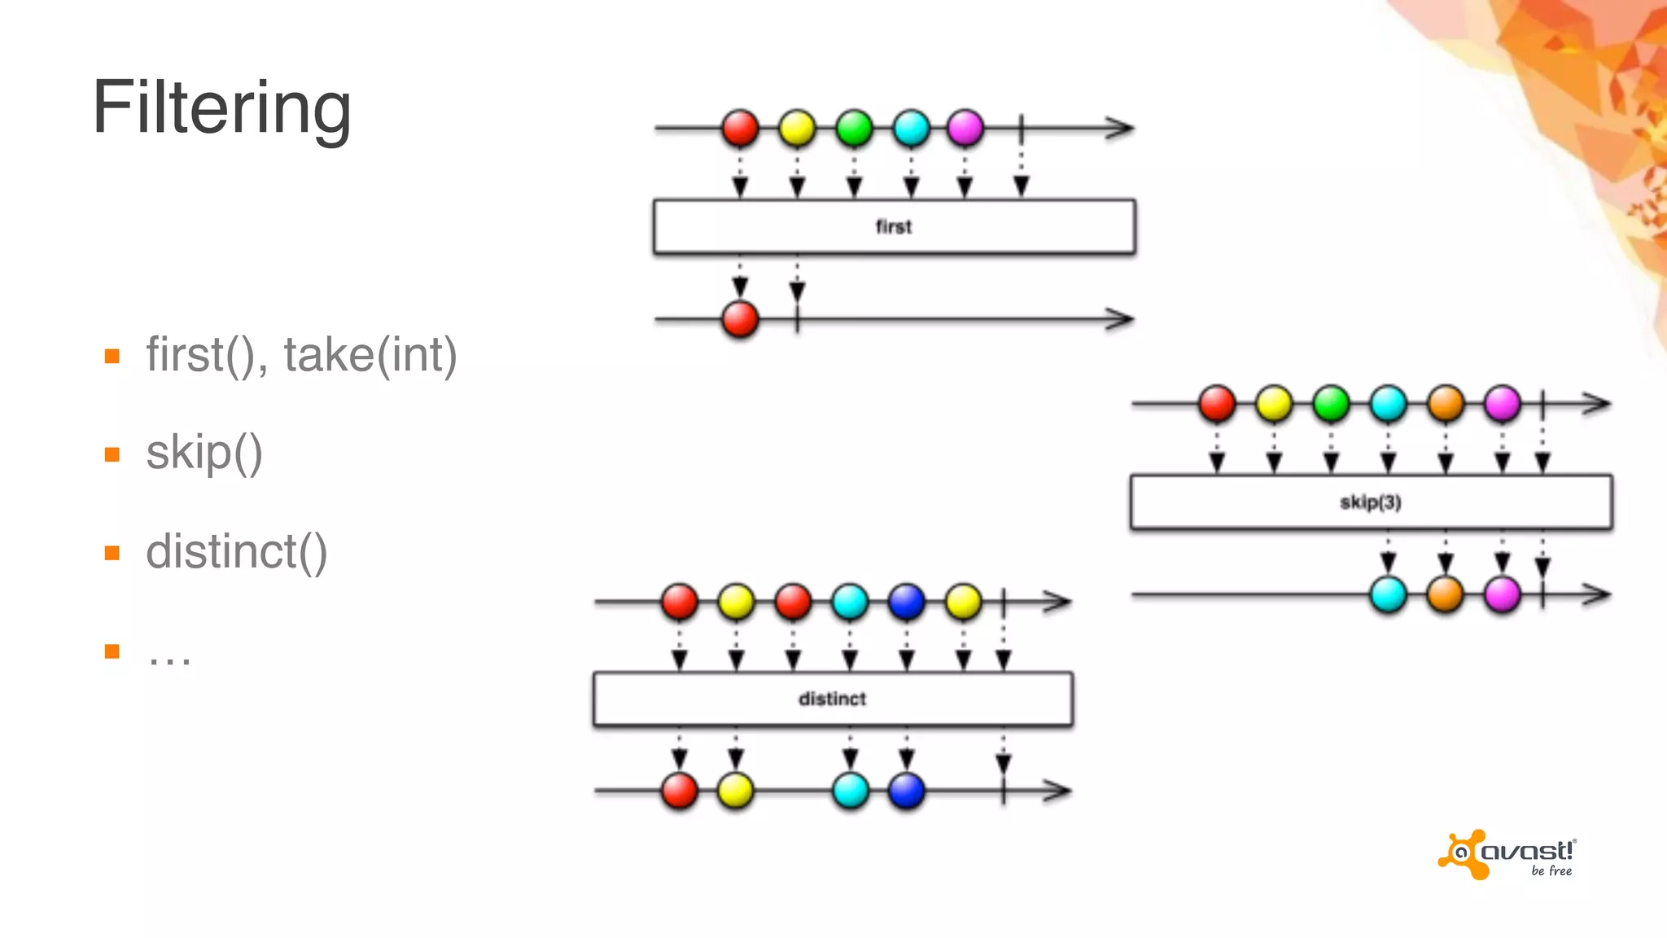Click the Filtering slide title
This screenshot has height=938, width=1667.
pos(221,108)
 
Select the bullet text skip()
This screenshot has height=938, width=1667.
pos(203,453)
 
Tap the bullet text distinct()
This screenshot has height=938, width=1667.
pos(236,552)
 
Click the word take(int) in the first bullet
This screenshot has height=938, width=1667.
pos(370,355)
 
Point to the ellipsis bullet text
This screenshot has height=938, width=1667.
pos(169,656)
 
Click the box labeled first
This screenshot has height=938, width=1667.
pos(894,227)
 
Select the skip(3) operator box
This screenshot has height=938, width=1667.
pos(1371,502)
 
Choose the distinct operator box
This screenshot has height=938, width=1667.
pos(832,699)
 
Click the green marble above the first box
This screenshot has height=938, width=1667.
pos(854,129)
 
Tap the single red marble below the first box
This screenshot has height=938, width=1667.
pos(740,318)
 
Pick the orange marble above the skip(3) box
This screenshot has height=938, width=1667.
pos(1446,403)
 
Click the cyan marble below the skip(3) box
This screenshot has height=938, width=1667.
pos(1389,594)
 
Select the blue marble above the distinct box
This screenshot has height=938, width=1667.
pos(906,602)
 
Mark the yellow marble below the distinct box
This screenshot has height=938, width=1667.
pos(736,791)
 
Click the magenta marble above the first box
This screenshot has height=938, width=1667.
pos(965,129)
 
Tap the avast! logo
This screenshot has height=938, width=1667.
pos(1507,856)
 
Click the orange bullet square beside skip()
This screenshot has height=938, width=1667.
pos(112,454)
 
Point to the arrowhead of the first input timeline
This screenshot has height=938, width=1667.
pos(1121,128)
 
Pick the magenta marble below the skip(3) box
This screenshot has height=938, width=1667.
pos(1503,594)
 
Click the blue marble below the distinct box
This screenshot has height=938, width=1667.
pos(907,791)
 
